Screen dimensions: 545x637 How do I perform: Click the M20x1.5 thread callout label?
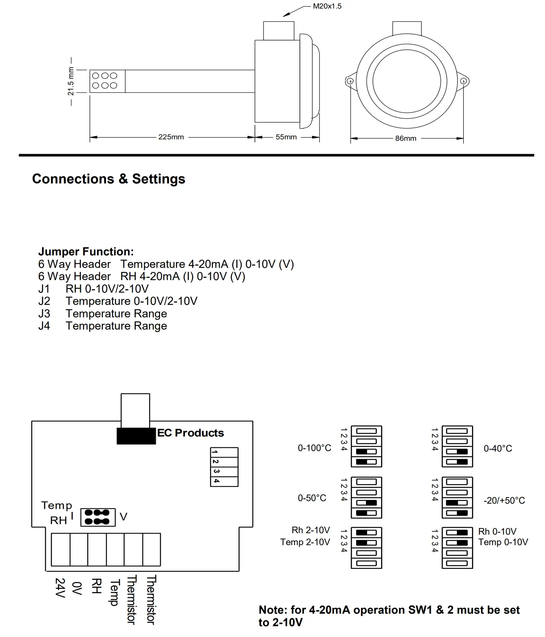(x=327, y=6)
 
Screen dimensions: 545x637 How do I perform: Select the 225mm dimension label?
(x=171, y=137)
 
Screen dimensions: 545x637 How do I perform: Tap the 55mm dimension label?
(x=286, y=137)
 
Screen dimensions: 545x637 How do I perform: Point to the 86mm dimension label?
(x=406, y=138)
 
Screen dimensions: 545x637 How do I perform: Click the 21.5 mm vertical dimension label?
(x=71, y=81)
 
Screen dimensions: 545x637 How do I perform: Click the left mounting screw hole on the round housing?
(x=350, y=81)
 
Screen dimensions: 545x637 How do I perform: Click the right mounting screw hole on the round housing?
(x=463, y=81)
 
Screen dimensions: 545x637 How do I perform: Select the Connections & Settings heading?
(x=109, y=179)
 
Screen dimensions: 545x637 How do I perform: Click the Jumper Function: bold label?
(x=86, y=251)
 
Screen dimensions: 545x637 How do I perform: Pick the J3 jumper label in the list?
(x=44, y=314)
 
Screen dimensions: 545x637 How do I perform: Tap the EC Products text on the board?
(x=191, y=433)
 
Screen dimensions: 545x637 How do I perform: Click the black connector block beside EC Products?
(x=136, y=436)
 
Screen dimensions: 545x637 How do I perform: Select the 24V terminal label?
(x=60, y=588)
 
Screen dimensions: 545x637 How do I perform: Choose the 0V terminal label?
(x=77, y=588)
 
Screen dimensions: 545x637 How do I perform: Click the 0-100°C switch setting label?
(x=314, y=448)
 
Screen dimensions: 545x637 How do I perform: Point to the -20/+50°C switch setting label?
(x=504, y=500)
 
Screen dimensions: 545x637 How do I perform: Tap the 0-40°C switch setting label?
(x=498, y=449)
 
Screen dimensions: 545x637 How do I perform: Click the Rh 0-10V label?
(x=497, y=531)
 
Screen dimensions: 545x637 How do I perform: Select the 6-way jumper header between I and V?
(x=98, y=517)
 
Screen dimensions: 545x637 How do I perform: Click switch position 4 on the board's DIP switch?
(x=224, y=481)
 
